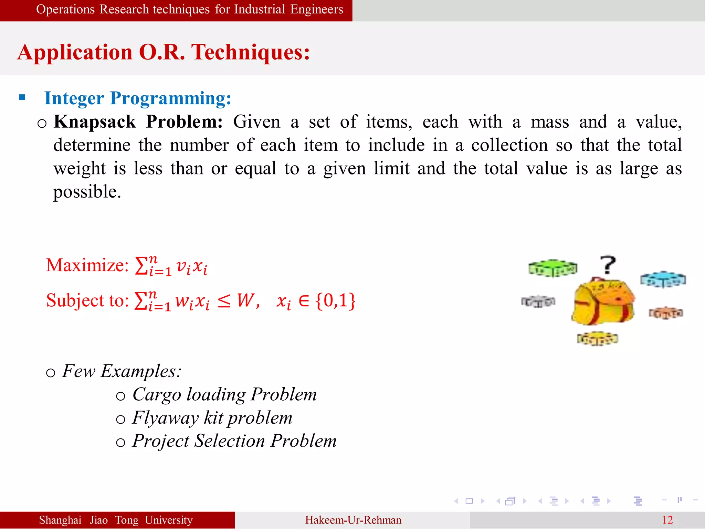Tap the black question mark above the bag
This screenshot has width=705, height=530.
608,265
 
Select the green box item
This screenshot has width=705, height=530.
553,268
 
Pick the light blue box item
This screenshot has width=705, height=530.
663,279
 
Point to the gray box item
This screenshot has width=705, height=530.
538,301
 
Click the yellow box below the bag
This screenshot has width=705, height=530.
598,339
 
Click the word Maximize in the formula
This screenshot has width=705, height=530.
87,265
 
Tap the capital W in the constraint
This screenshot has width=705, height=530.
246,300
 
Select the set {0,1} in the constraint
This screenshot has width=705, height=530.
335,300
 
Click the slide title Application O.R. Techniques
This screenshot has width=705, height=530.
164,52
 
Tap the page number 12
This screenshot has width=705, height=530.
667,520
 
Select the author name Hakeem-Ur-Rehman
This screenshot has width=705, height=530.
353,520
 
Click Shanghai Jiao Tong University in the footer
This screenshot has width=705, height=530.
116,520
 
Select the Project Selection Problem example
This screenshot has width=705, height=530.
234,441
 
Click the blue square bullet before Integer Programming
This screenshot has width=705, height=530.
22,97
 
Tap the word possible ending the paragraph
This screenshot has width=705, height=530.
87,192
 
